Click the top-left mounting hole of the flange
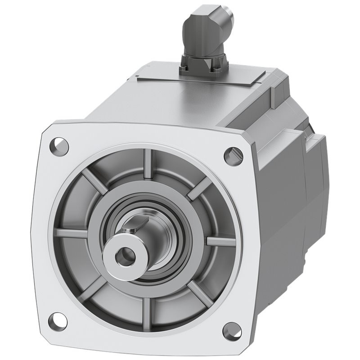tap(60, 145)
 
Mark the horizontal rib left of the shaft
tap(72, 234)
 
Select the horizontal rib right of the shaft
tap(220, 241)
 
